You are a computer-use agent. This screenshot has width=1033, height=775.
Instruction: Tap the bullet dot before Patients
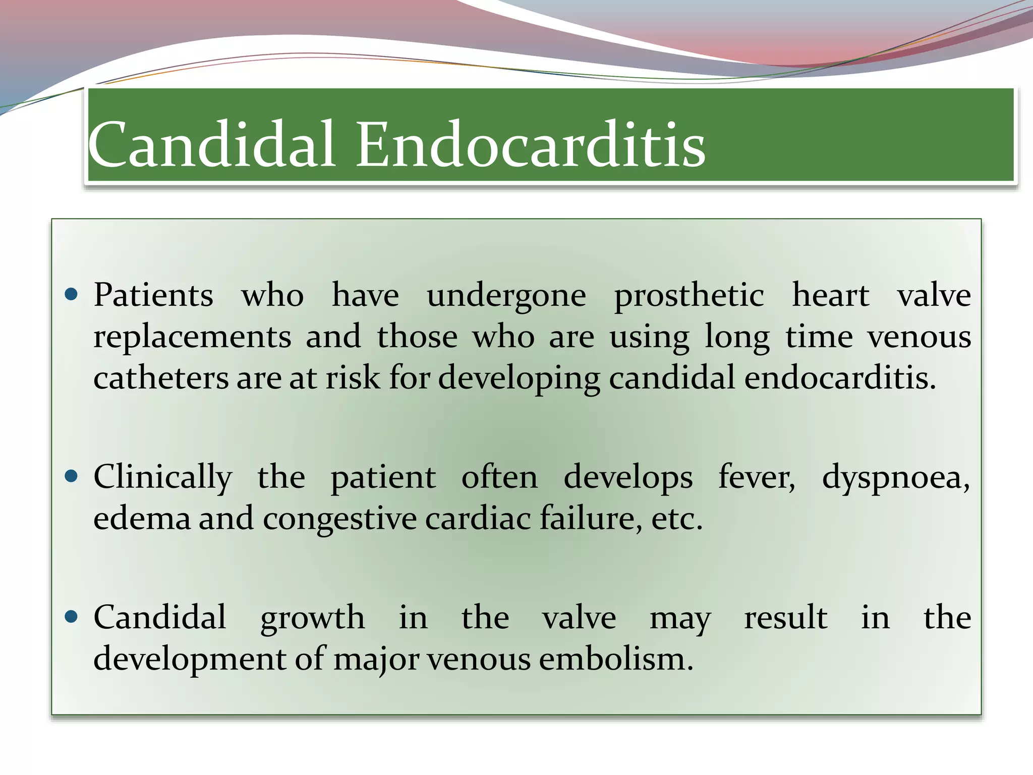pos(72,294)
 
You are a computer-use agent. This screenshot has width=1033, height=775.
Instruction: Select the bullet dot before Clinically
pos(72,476)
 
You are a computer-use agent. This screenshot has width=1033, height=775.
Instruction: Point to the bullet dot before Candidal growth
pos(72,616)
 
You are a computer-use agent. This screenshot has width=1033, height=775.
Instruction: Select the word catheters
pos(160,378)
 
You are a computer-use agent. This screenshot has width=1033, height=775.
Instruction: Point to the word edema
pos(142,519)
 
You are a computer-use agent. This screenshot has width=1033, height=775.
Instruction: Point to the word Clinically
pos(162,478)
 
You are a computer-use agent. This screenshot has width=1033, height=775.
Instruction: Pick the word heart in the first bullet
pos(830,295)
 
